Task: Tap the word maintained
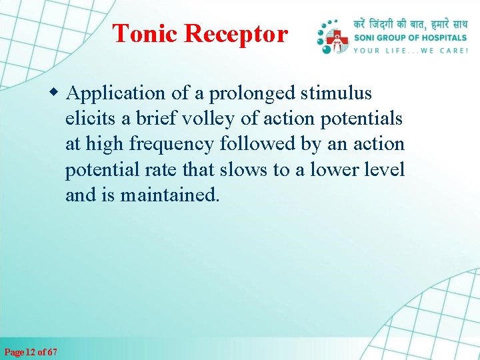170,195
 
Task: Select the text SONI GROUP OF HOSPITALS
410,37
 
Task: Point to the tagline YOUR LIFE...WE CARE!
410,50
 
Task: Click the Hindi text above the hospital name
410,23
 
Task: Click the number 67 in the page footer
51,351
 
